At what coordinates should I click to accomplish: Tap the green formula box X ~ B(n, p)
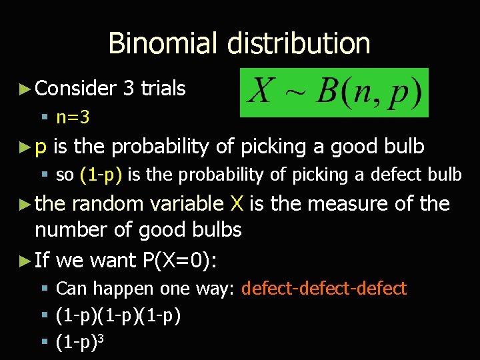click(x=335, y=92)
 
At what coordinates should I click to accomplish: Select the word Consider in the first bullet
click(x=76, y=88)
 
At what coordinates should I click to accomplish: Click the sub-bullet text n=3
click(x=73, y=118)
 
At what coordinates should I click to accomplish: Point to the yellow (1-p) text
click(x=100, y=175)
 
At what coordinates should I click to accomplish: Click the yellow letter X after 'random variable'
click(x=236, y=203)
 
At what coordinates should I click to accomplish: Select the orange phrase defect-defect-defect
click(x=324, y=289)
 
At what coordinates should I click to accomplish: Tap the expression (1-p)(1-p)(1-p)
click(x=118, y=315)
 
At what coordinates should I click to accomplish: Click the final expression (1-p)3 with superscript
click(x=81, y=342)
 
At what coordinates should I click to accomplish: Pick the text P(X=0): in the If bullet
click(x=179, y=260)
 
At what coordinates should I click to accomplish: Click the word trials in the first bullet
click(x=163, y=88)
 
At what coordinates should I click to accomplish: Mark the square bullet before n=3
click(x=45, y=119)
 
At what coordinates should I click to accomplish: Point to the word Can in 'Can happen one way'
click(x=70, y=289)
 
